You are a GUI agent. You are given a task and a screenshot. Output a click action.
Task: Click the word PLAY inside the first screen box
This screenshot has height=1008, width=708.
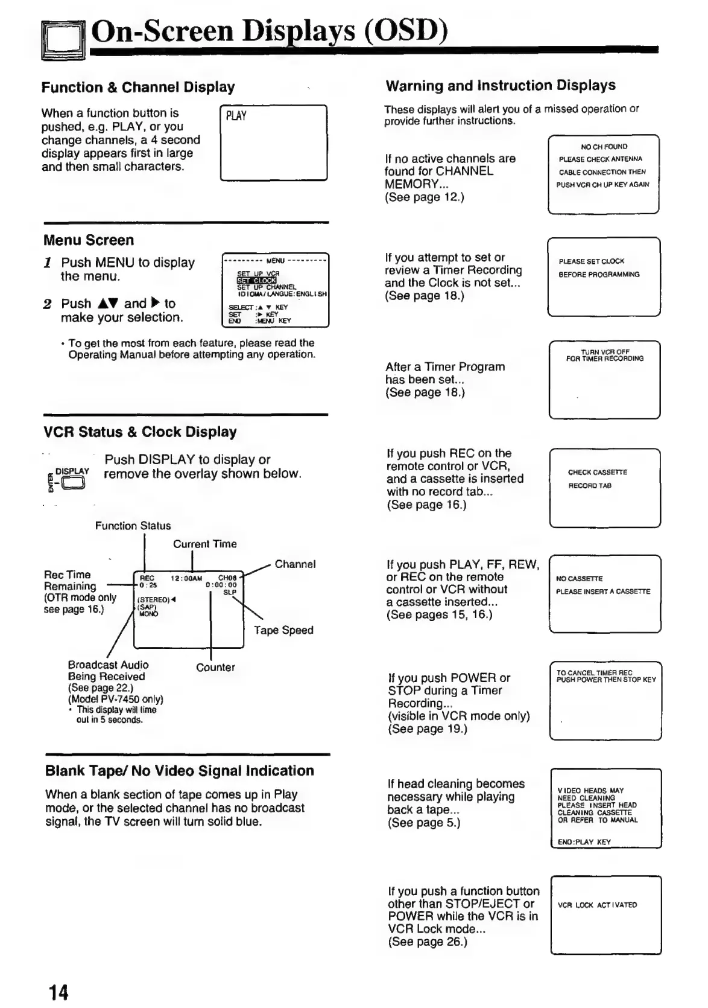[236, 116]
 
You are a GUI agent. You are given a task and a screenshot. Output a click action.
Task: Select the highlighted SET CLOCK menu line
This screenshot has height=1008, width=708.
[256, 281]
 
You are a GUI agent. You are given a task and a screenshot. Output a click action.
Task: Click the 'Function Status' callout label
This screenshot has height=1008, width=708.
[133, 526]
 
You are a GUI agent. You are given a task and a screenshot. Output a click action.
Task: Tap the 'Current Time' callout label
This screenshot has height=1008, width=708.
[204, 544]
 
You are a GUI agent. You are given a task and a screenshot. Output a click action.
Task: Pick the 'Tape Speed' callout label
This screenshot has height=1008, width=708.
[283, 630]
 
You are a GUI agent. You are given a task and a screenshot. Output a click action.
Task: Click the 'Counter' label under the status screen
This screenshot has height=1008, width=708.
[215, 668]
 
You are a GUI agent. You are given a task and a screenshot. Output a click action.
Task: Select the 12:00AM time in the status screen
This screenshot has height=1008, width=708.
[186, 578]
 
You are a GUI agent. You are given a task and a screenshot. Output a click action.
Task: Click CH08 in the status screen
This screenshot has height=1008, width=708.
[227, 578]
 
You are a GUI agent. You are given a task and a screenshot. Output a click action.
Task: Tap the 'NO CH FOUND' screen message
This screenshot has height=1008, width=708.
[604, 147]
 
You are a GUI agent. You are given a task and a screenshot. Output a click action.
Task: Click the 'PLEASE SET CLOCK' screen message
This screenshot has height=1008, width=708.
[591, 261]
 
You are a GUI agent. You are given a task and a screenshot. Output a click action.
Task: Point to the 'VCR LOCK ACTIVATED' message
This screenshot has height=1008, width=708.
[597, 905]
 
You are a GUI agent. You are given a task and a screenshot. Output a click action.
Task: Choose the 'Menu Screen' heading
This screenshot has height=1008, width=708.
[89, 240]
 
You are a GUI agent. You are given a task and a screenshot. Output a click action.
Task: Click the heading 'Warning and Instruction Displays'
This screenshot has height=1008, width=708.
[501, 86]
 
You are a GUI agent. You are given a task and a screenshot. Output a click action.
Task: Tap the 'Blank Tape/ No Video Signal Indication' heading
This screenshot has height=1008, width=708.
[180, 771]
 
